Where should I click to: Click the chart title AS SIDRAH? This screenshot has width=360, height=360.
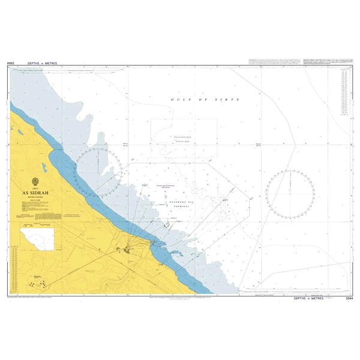pos(37,193)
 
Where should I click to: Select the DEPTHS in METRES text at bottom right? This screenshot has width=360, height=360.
pos(310,298)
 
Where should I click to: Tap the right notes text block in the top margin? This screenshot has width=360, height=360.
pos(327,62)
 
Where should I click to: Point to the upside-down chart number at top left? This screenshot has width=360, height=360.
pos(10,62)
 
